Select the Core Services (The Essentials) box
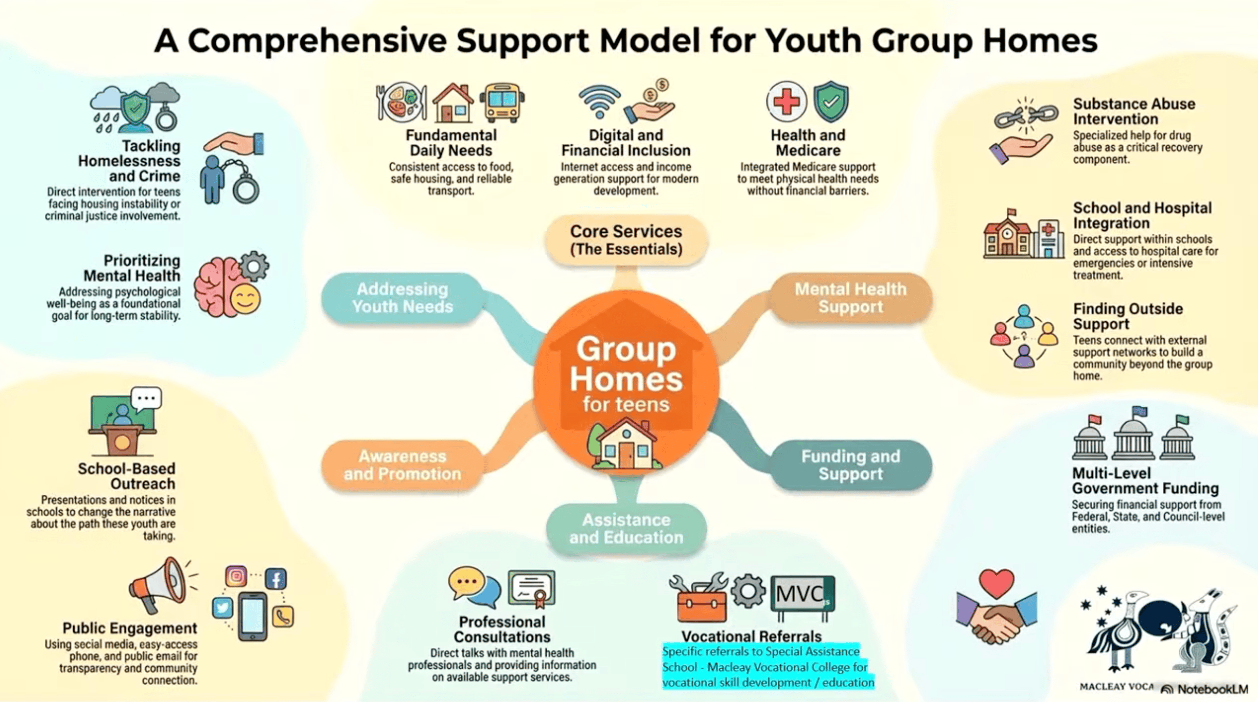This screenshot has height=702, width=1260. [x=626, y=240]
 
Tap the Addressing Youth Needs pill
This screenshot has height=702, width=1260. [x=402, y=298]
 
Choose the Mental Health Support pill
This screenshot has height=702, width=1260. [x=850, y=298]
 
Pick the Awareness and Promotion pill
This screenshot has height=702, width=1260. [x=402, y=465]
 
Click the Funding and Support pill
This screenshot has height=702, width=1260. [x=850, y=465]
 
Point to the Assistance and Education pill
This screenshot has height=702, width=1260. [x=626, y=529]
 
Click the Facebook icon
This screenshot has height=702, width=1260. [x=276, y=579]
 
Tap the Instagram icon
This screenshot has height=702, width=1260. [x=236, y=577]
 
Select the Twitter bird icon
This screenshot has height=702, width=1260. [x=222, y=608]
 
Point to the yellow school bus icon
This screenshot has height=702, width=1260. [x=502, y=102]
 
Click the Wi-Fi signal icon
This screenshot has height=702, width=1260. [x=599, y=101]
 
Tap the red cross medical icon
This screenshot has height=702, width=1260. [x=786, y=101]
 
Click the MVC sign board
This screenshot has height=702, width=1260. [x=802, y=594]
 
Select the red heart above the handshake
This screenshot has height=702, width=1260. [x=996, y=583]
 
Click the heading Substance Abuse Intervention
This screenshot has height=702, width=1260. [x=1133, y=111]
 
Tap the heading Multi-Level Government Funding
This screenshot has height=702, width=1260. [x=1145, y=480]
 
